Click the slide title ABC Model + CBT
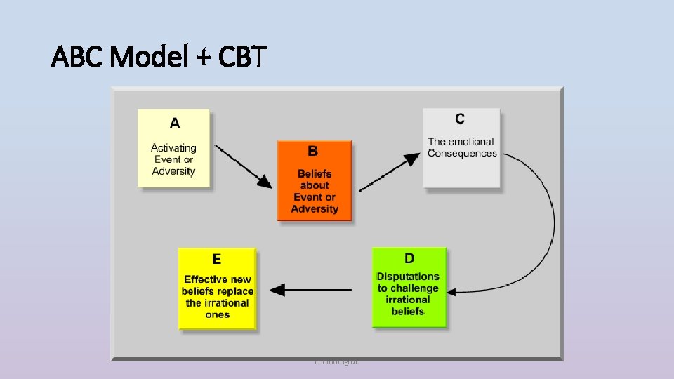click(x=159, y=57)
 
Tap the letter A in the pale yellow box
click(x=174, y=124)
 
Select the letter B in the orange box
click(x=313, y=151)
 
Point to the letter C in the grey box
click(x=460, y=119)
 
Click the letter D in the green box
click(x=409, y=259)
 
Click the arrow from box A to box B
click(x=243, y=166)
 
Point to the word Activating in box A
click(x=174, y=148)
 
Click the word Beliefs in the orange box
click(x=315, y=173)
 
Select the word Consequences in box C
click(x=462, y=154)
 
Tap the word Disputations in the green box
click(x=408, y=277)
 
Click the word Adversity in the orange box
click(x=315, y=209)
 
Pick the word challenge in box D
click(x=416, y=288)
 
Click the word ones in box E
click(x=217, y=315)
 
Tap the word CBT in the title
click(x=242, y=57)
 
